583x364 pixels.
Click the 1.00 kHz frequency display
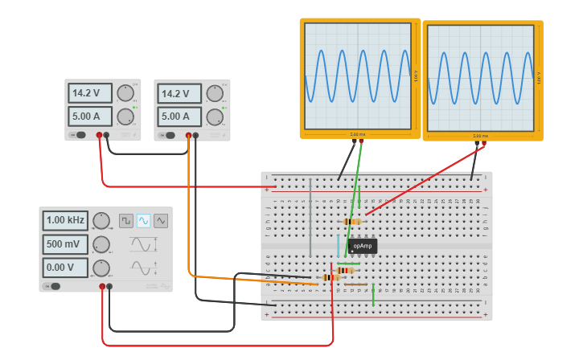click(x=66, y=220)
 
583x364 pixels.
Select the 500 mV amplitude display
click(x=66, y=244)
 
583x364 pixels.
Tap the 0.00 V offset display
click(x=66, y=268)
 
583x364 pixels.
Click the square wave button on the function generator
click(x=126, y=220)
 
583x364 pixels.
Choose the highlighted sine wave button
click(x=144, y=220)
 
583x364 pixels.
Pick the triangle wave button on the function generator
click(x=162, y=220)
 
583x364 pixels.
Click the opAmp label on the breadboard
click(x=363, y=246)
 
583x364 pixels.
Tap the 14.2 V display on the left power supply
click(x=90, y=93)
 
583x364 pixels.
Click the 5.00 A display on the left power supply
click(x=90, y=117)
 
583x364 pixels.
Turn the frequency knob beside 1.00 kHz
click(x=101, y=220)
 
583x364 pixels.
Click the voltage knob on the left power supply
click(x=125, y=93)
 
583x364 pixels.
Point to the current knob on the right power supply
click(x=214, y=117)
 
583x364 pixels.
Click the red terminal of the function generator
click(x=102, y=286)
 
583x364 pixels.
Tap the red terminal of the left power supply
click(x=100, y=135)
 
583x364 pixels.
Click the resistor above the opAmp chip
click(x=352, y=221)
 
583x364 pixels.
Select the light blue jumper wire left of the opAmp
click(x=338, y=245)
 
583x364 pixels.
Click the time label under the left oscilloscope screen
click(x=358, y=134)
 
